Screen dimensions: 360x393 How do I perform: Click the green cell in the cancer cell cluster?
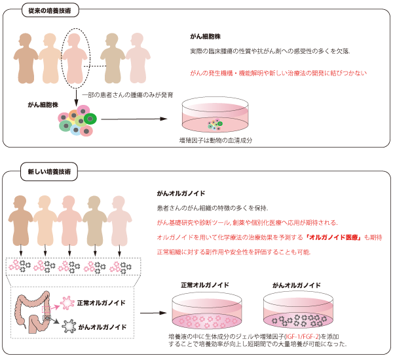pos(90,118)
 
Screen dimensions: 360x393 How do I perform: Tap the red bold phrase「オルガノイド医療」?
pos(331,237)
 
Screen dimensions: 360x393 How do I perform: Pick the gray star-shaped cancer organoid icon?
pos(68,325)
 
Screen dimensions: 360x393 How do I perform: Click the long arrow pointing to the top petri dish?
pos(134,119)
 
